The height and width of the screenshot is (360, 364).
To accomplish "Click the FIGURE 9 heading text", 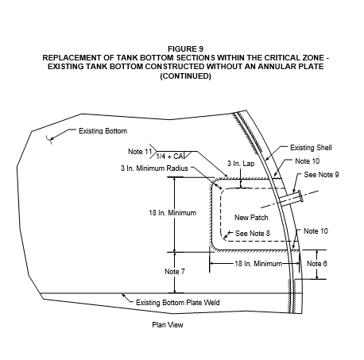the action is tap(185, 49).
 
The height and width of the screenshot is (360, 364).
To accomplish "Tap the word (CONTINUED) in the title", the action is tap(185, 76).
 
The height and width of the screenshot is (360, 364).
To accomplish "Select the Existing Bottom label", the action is tap(103, 131).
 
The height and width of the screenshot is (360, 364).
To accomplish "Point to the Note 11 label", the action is tap(140, 152).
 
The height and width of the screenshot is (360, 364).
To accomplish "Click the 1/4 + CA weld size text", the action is tap(169, 157).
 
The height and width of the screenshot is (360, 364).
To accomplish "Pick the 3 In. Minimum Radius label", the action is tap(154, 168).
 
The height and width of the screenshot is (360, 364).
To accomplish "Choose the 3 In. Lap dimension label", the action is tap(241, 164).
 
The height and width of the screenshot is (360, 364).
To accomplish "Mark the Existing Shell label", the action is tap(311, 148).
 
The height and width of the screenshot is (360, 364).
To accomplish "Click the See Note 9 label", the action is tap(321, 175).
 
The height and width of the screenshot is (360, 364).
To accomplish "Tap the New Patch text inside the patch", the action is tap(251, 218).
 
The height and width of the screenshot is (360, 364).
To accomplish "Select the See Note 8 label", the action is tap(253, 234).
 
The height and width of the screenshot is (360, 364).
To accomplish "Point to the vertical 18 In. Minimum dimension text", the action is tap(172, 213).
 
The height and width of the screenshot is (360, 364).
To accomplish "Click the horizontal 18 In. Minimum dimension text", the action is tap(258, 264).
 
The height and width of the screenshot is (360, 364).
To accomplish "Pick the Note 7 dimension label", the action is tap(175, 272).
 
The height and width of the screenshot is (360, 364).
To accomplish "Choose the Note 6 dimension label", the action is tap(317, 264).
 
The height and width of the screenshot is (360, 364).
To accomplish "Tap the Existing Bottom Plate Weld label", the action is tap(178, 303).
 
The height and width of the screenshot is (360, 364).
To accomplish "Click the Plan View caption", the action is tap(168, 325).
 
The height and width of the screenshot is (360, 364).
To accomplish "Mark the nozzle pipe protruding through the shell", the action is tap(291, 200).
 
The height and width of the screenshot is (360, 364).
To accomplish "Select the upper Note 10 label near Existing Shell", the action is tap(308, 161).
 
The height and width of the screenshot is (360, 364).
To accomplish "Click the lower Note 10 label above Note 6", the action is tap(316, 231).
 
